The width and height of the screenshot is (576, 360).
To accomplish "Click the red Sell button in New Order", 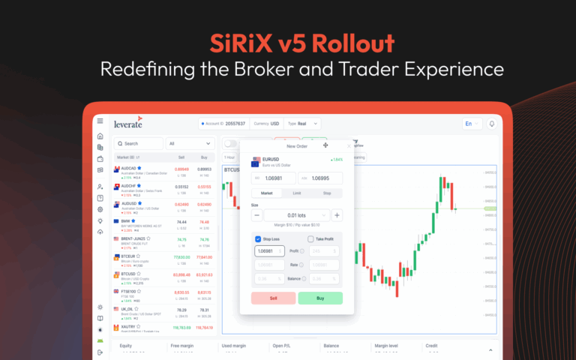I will tap(273, 298).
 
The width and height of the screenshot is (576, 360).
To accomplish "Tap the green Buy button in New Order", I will tap(320, 298).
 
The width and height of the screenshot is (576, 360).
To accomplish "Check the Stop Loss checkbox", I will tap(259, 239).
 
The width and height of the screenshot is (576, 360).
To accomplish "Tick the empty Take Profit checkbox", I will tap(311, 239).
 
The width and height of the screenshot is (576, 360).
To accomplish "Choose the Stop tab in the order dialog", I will tap(326, 193).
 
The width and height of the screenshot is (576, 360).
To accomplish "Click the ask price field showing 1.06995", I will tap(320, 178).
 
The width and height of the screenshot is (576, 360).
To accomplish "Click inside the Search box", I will tap(139, 143).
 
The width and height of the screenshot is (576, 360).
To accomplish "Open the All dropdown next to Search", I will tap(190, 143).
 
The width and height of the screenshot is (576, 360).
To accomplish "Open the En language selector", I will tap(472, 124).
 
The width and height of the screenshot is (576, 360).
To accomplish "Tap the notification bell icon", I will tap(493, 124).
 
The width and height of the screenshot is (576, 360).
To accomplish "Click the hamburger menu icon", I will tap(100, 121).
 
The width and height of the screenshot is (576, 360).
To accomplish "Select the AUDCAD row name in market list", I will tap(129, 169).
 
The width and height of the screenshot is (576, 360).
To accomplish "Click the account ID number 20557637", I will tap(235, 124).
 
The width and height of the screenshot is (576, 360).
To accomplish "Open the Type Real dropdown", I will tap(304, 124).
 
